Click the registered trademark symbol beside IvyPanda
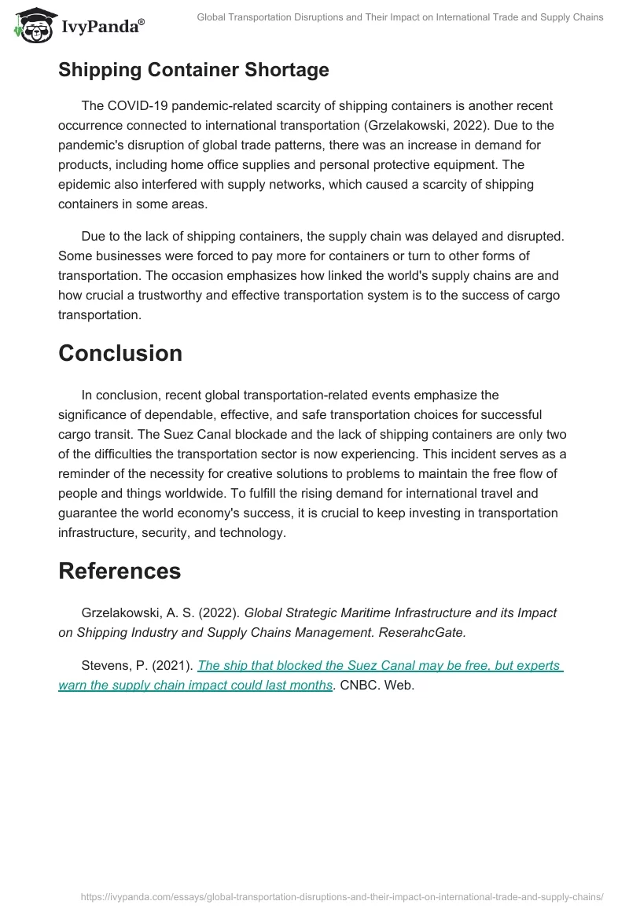[141, 23]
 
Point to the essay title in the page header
[399, 17]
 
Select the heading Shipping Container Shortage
[193, 70]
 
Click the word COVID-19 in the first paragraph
[136, 106]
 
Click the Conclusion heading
[120, 354]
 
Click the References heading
[120, 571]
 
